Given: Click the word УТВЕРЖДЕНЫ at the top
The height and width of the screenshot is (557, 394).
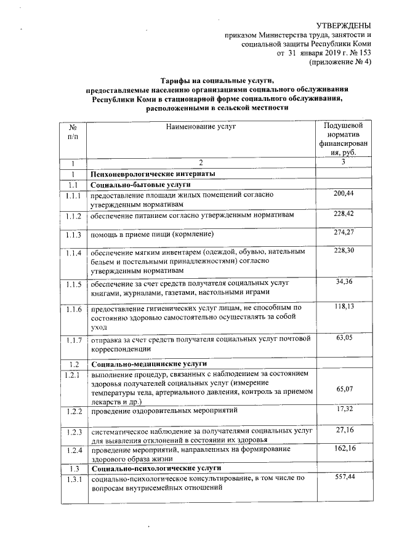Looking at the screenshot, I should click(x=344, y=25).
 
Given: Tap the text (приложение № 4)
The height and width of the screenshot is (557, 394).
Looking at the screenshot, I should click(x=340, y=62).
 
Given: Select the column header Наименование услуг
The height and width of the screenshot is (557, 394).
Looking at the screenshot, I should click(x=201, y=126).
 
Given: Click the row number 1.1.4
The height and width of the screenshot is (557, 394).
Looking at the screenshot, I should click(x=74, y=254).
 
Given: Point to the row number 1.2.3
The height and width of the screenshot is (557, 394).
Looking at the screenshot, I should click(x=74, y=433).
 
